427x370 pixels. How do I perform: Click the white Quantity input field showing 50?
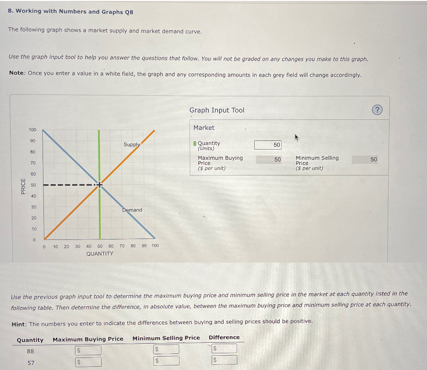point(268,145)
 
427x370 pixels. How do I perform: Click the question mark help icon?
point(378,110)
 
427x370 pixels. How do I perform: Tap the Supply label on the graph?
point(132,144)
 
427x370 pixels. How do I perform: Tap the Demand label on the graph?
point(132,210)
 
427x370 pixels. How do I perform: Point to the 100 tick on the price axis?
point(32,130)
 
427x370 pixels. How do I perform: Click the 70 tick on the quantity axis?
point(122,246)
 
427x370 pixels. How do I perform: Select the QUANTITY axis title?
point(100,254)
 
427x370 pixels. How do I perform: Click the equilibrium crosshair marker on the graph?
point(99,184)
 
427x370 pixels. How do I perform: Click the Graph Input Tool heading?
point(216,110)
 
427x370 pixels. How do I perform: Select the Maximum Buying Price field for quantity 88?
point(88,350)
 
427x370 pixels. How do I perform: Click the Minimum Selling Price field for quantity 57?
point(166,360)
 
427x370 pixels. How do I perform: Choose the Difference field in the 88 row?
point(224,348)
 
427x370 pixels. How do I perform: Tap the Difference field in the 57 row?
point(224,360)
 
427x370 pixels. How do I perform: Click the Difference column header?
point(224,338)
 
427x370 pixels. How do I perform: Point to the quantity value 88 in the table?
point(31,351)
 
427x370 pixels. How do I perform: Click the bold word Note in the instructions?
point(17,75)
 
